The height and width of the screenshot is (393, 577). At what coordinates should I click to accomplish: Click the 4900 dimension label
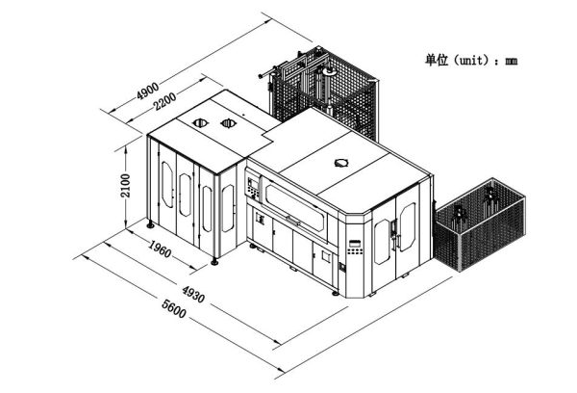(x=147, y=91)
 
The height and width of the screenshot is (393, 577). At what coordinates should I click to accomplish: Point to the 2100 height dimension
(x=126, y=186)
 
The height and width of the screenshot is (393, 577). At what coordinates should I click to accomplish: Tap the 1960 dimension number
(x=160, y=249)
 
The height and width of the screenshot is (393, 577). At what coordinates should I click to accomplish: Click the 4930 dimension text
(x=193, y=294)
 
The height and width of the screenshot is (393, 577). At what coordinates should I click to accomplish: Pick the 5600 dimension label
(x=174, y=309)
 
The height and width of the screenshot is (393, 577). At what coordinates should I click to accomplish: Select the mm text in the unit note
(x=512, y=62)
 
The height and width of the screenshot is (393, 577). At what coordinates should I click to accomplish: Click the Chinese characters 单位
(x=437, y=60)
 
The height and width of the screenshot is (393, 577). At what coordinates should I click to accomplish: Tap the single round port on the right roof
(x=341, y=163)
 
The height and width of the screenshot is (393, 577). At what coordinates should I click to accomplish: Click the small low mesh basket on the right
(x=480, y=224)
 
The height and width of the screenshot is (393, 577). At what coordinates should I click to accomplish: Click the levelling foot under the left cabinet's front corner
(x=214, y=261)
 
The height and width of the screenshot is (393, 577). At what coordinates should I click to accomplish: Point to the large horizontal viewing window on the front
(x=295, y=207)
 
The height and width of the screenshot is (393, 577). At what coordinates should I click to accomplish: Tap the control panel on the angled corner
(x=356, y=247)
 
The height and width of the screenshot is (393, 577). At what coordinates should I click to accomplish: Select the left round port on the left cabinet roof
(x=200, y=122)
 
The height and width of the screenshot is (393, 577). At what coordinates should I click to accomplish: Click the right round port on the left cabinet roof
(x=228, y=123)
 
